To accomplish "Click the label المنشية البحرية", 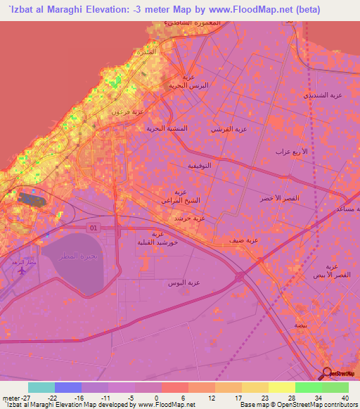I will click(x=168, y=129).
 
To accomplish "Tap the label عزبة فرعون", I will click(x=127, y=111).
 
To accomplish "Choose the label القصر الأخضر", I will click(x=280, y=199).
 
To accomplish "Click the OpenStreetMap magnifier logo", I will click(x=327, y=373).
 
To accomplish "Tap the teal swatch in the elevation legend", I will click(x=41, y=387).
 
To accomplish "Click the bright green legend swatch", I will click(x=308, y=387).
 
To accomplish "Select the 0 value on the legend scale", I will click(x=156, y=398).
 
